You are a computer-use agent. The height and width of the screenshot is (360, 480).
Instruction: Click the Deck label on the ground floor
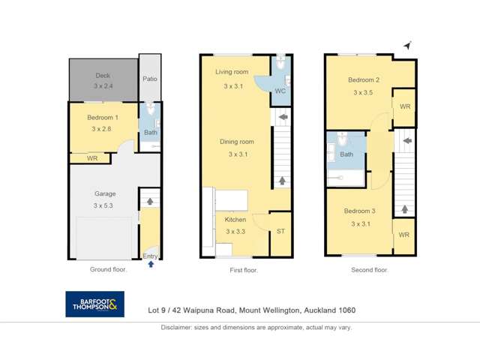click(x=102, y=76)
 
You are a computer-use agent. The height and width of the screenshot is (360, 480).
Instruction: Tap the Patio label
click(x=149, y=78)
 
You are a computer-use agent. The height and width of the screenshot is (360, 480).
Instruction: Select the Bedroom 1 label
click(x=102, y=118)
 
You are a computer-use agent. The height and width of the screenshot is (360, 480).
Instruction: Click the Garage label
click(x=105, y=193)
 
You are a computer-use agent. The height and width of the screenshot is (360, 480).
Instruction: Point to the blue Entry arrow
click(x=151, y=265)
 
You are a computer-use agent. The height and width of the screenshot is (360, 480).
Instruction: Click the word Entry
click(x=151, y=256)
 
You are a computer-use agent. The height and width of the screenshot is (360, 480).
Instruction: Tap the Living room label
click(x=232, y=72)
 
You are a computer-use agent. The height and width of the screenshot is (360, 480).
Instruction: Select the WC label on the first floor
click(x=280, y=91)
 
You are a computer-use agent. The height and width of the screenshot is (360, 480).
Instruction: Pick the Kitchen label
click(x=235, y=220)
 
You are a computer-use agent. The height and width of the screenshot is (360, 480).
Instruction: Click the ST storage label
click(x=280, y=232)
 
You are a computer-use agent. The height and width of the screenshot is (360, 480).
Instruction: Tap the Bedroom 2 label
click(x=363, y=80)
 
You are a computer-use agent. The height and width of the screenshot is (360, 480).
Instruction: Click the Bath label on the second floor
click(x=346, y=154)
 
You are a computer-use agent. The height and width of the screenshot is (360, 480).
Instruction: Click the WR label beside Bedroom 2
click(x=404, y=106)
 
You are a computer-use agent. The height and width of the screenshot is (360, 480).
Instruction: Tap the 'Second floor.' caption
click(x=370, y=269)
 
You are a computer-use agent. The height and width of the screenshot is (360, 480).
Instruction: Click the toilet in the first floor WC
click(x=280, y=65)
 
